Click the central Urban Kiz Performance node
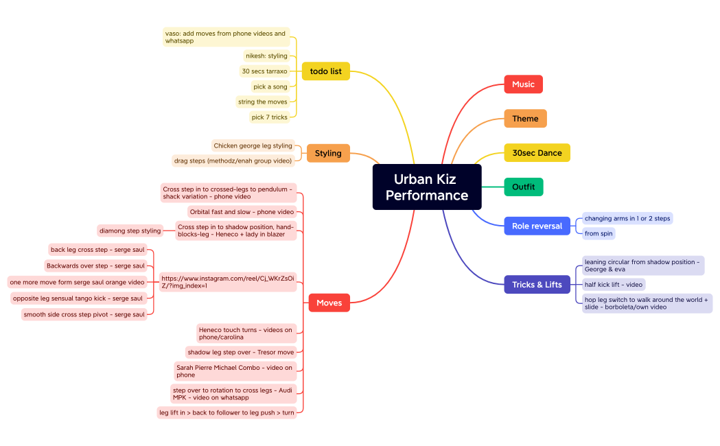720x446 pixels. tap(427, 187)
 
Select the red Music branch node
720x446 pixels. tap(523, 84)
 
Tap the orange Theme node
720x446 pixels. tap(525, 119)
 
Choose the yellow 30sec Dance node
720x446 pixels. tap(537, 153)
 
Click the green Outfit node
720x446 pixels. tap(524, 187)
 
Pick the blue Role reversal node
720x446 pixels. tap(537, 226)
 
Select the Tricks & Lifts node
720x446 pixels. tap(537, 285)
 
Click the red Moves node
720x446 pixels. tap(329, 303)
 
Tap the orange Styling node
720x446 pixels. tap(328, 153)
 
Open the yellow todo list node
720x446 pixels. tap(325, 71)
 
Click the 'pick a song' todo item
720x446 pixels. tap(270, 86)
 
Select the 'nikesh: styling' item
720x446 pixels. tap(266, 56)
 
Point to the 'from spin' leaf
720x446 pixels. tap(599, 233)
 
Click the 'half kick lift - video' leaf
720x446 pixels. tap(614, 285)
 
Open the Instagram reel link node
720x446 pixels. tap(228, 282)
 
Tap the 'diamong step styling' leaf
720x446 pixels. tap(130, 231)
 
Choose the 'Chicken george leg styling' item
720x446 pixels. tap(253, 146)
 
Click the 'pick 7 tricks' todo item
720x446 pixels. tap(270, 117)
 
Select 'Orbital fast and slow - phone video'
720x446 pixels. tap(242, 212)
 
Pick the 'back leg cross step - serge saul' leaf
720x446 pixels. tap(97, 250)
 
